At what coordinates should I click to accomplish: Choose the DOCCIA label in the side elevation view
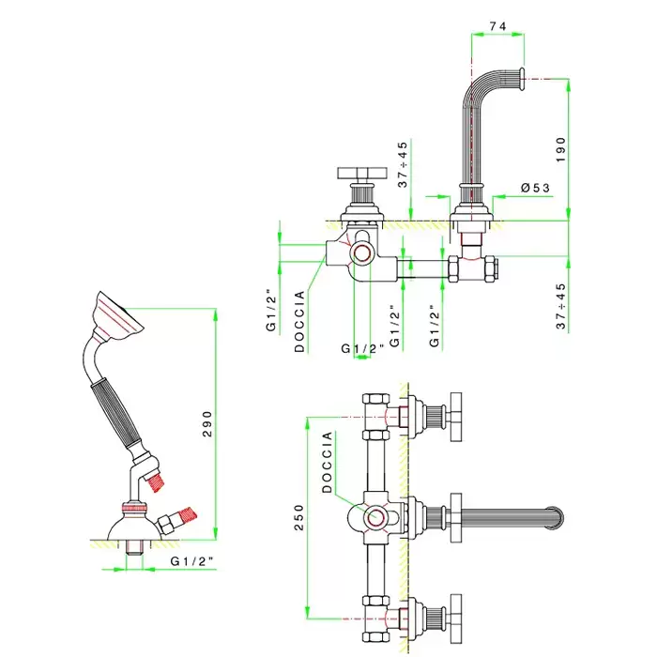click(299, 321)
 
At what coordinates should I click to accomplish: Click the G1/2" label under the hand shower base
click(191, 561)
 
